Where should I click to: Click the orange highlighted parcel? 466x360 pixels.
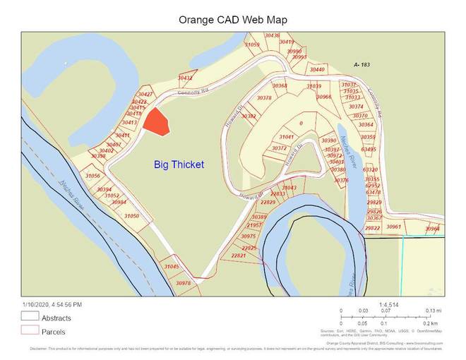tap(157, 122)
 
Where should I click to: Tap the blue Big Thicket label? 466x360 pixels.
tap(179, 164)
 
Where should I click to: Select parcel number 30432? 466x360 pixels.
tap(186, 78)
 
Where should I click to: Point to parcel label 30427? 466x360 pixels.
tap(145, 94)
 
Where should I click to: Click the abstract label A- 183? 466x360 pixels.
tap(362, 64)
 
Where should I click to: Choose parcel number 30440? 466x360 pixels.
tap(317, 69)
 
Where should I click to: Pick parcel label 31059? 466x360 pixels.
tap(252, 44)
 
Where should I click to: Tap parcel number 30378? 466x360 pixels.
tap(264, 98)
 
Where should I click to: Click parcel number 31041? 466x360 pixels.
tap(286, 136)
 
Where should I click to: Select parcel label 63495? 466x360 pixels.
tap(369, 149)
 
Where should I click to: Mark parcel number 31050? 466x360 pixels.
tap(132, 215)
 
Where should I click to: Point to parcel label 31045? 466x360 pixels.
tap(172, 266)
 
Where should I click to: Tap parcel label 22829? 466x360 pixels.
tap(268, 202)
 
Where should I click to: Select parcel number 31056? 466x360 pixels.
tap(92, 175)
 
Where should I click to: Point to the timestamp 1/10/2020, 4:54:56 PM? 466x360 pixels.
tap(52, 304)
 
